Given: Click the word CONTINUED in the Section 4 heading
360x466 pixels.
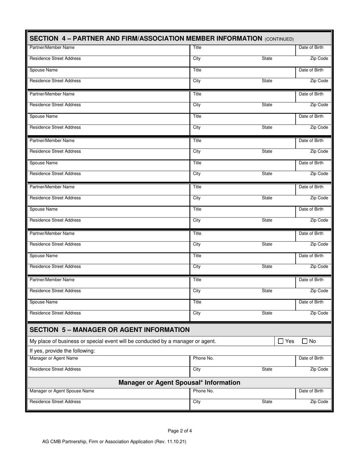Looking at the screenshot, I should pyautogui.click(x=279, y=39).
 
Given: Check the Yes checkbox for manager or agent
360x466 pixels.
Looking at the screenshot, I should pyautogui.click(x=281, y=341).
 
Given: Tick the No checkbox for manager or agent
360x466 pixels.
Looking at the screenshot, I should pyautogui.click(x=305, y=341).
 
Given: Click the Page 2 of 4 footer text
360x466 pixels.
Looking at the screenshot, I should pyautogui.click(x=180, y=431).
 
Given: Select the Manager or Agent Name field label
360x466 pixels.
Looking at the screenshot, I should pyautogui.click(x=54, y=358).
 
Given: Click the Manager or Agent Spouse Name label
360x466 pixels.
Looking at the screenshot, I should pyautogui.click(x=62, y=391).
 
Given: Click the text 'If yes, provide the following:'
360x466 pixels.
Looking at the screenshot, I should pyautogui.click(x=62, y=351).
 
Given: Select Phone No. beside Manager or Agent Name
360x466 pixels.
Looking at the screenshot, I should pyautogui.click(x=203, y=358).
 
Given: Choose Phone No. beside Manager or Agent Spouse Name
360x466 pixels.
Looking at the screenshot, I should pyautogui.click(x=203, y=391).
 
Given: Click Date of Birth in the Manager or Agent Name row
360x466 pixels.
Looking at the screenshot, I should pyautogui.click(x=311, y=358).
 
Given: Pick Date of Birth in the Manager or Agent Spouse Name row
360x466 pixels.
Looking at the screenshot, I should pyautogui.click(x=311, y=391).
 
